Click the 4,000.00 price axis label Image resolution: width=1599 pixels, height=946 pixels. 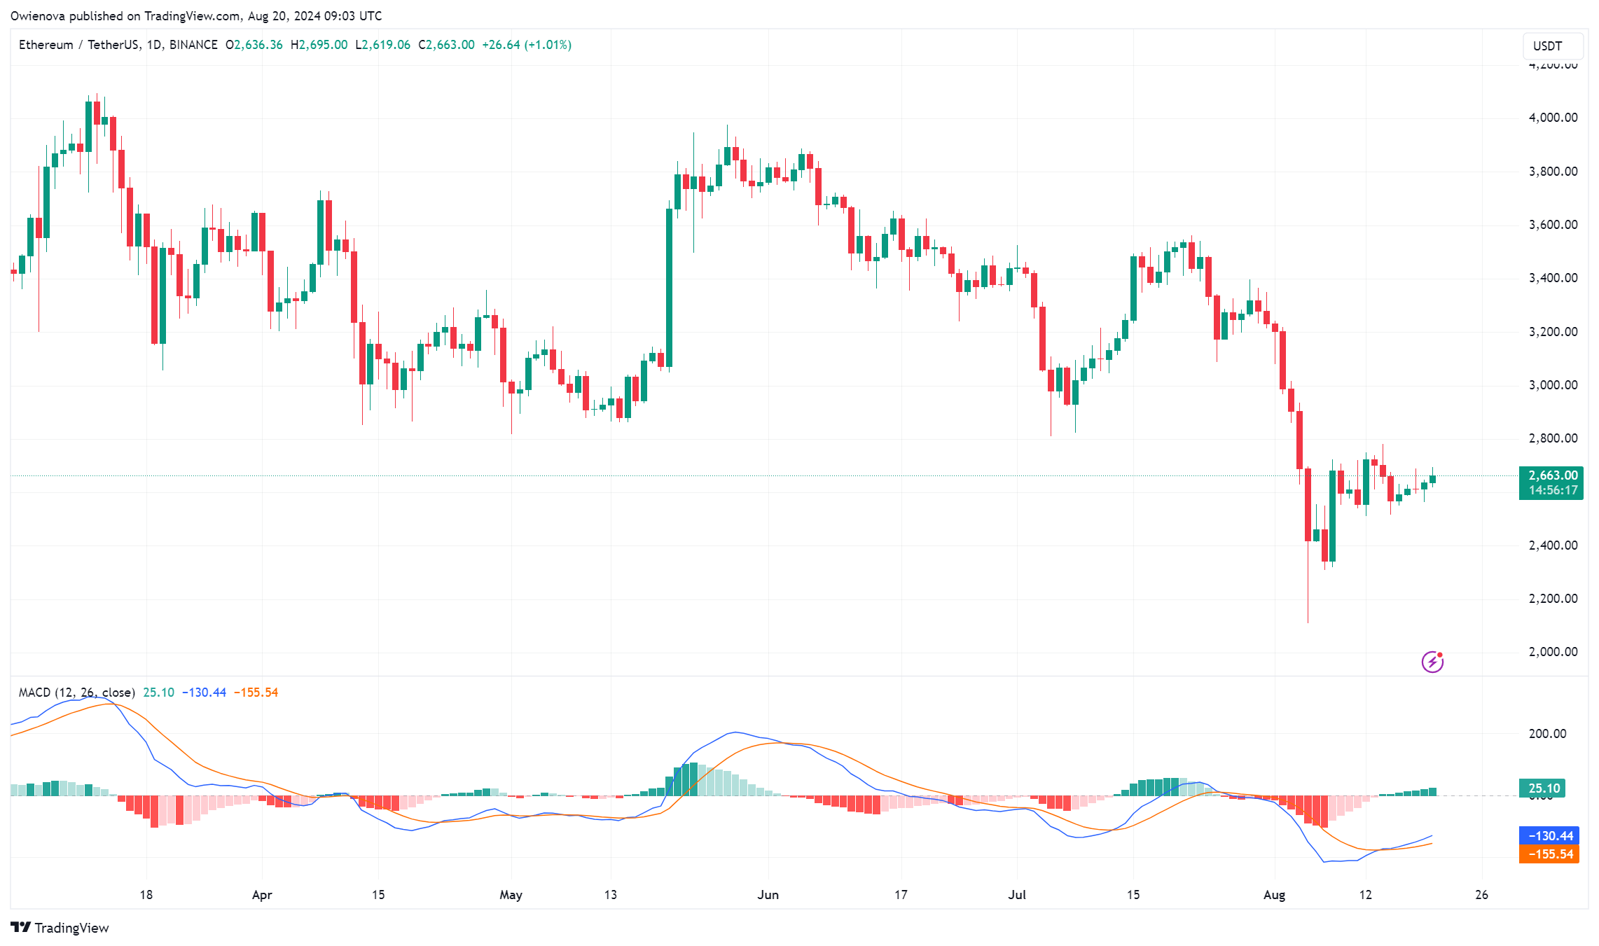[x=1553, y=118]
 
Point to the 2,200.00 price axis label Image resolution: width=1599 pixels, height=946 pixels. [x=1553, y=599]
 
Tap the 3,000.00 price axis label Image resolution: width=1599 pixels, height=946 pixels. [x=1553, y=385]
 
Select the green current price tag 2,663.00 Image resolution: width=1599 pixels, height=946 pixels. [x=1552, y=475]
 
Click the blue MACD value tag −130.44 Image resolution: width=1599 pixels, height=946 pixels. [x=1549, y=836]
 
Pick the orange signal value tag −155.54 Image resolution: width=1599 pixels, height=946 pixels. [x=1549, y=854]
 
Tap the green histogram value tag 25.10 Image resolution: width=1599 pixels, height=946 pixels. [x=1543, y=788]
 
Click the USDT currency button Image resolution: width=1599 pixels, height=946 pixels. [x=1547, y=46]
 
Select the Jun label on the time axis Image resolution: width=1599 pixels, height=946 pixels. [x=768, y=895]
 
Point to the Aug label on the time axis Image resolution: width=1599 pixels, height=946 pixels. [x=1274, y=895]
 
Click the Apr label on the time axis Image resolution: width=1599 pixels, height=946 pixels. [x=262, y=895]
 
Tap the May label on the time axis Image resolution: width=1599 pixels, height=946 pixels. [x=511, y=895]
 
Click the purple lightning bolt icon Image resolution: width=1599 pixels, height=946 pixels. [x=1432, y=662]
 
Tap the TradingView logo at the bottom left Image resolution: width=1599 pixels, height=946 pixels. [x=60, y=928]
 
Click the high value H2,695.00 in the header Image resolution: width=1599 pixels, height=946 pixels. [x=319, y=45]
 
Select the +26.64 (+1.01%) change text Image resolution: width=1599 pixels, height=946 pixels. [x=527, y=45]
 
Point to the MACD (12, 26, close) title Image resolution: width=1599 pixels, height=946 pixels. [x=76, y=693]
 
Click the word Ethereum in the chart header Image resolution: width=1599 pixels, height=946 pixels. [x=46, y=45]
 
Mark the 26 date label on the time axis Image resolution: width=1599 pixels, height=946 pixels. [x=1481, y=895]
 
